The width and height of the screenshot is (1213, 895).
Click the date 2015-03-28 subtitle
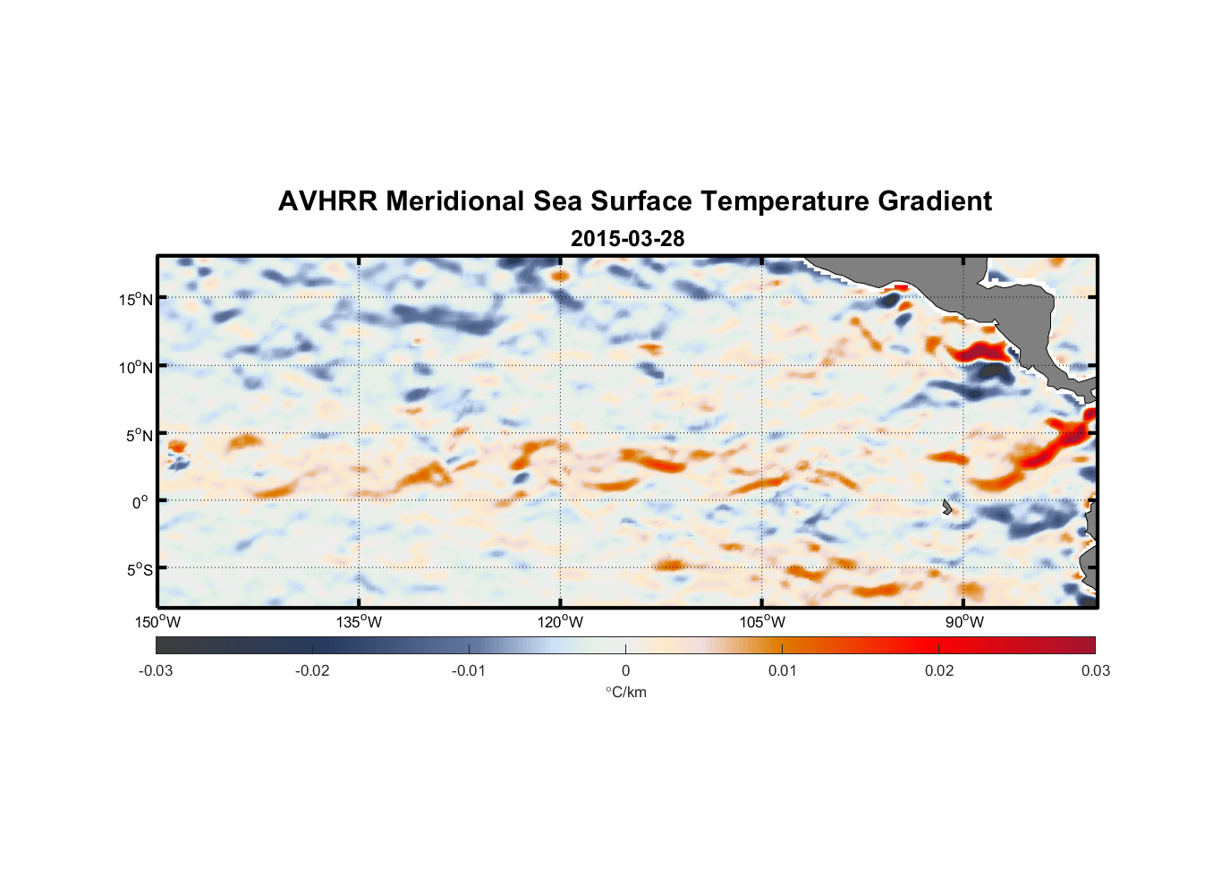pos(627,239)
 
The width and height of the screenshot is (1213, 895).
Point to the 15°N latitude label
pos(136,299)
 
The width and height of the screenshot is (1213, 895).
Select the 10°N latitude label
pos(136,367)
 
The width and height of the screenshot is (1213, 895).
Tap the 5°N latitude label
pos(139,435)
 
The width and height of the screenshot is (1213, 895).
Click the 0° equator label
pos(140,502)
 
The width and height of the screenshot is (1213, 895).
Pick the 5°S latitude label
pos(139,569)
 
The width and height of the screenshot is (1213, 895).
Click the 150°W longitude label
pos(157,622)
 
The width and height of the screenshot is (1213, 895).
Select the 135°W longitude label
pos(359,622)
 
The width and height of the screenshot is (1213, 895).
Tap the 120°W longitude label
pos(560,622)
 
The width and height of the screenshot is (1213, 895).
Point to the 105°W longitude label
pos(762,622)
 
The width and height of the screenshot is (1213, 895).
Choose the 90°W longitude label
pos(964,622)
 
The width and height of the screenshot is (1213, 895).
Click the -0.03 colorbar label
pos(156,670)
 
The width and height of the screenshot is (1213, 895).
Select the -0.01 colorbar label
pos(469,670)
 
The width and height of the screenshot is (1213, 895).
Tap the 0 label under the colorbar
pos(625,670)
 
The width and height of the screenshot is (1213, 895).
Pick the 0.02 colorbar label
pos(939,670)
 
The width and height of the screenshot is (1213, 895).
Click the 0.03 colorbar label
pos(1095,670)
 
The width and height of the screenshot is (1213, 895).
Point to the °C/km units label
pos(625,692)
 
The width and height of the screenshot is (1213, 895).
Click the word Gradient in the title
pos(935,201)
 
